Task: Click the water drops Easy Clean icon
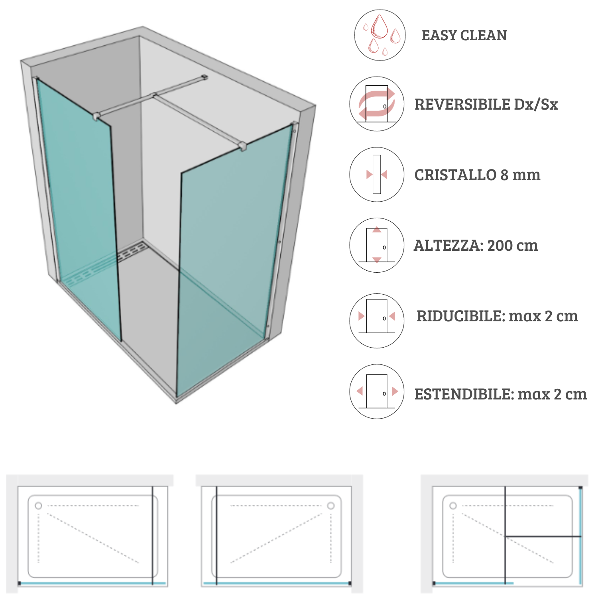[380, 35]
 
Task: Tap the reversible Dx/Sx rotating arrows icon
[377, 104]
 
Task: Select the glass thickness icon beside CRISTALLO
[377, 175]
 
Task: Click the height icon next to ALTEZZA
[377, 245]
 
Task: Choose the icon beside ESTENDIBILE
[377, 391]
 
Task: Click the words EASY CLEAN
[464, 35]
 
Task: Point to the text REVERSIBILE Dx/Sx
[486, 104]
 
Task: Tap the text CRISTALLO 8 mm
[478, 175]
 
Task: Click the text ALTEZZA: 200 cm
[476, 246]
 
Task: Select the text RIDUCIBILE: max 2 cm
[497, 316]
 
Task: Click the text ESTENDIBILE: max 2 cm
[501, 394]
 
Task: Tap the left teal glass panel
[78, 207]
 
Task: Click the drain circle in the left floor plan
[38, 506]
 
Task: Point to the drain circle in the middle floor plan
[331, 506]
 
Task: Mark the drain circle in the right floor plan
[453, 506]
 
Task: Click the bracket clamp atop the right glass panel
[242, 146]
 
